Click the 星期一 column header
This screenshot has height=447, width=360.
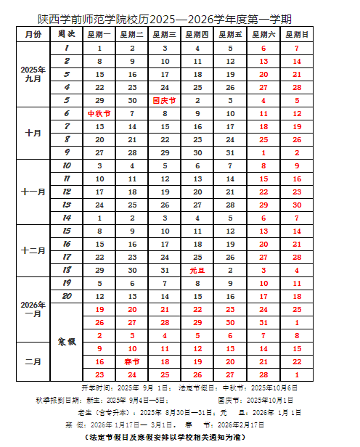tap(99, 34)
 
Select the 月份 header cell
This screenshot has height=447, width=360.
tap(33, 34)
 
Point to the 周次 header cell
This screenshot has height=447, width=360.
tap(66, 34)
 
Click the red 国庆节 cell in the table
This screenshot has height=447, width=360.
tap(165, 100)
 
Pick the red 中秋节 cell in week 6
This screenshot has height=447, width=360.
tap(99, 113)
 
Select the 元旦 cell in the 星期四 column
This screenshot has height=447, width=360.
tap(198, 270)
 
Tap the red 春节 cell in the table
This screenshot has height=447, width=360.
tap(132, 361)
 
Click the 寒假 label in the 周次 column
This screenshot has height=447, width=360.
tap(66, 341)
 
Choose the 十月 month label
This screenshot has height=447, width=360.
tap(33, 133)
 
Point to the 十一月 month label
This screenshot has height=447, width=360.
tap(33, 192)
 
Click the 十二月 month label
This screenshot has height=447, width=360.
tap(33, 250)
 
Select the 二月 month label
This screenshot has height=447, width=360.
tap(33, 361)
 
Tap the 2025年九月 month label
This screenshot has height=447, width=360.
tap(33, 74)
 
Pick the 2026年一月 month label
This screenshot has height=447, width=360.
tap(33, 308)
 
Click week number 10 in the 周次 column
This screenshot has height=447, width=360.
tap(66, 165)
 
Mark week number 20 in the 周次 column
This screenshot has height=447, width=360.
tap(66, 296)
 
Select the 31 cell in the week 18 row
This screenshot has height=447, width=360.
tap(165, 270)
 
